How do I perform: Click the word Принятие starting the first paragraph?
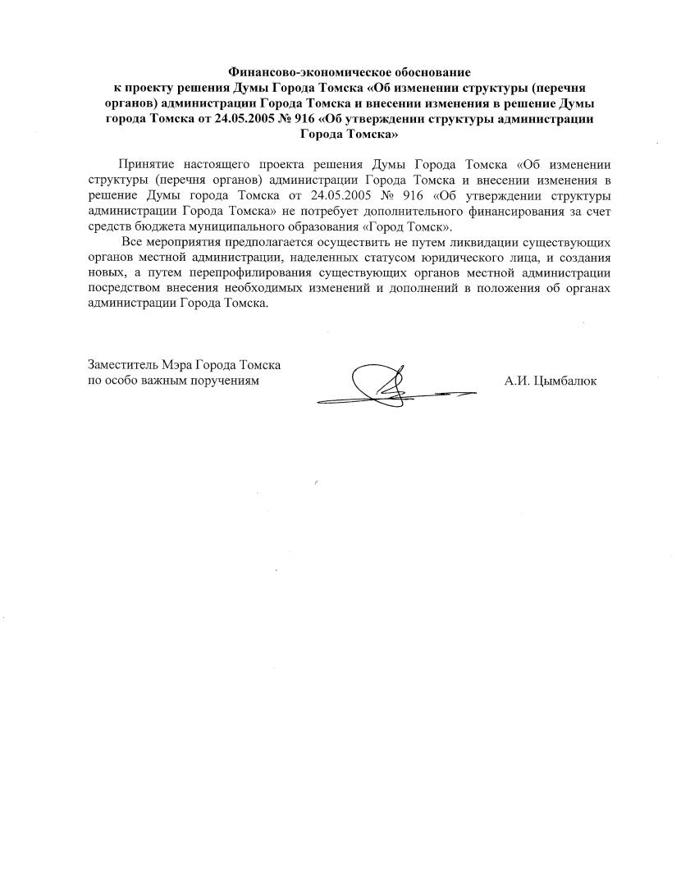pos(146,166)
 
